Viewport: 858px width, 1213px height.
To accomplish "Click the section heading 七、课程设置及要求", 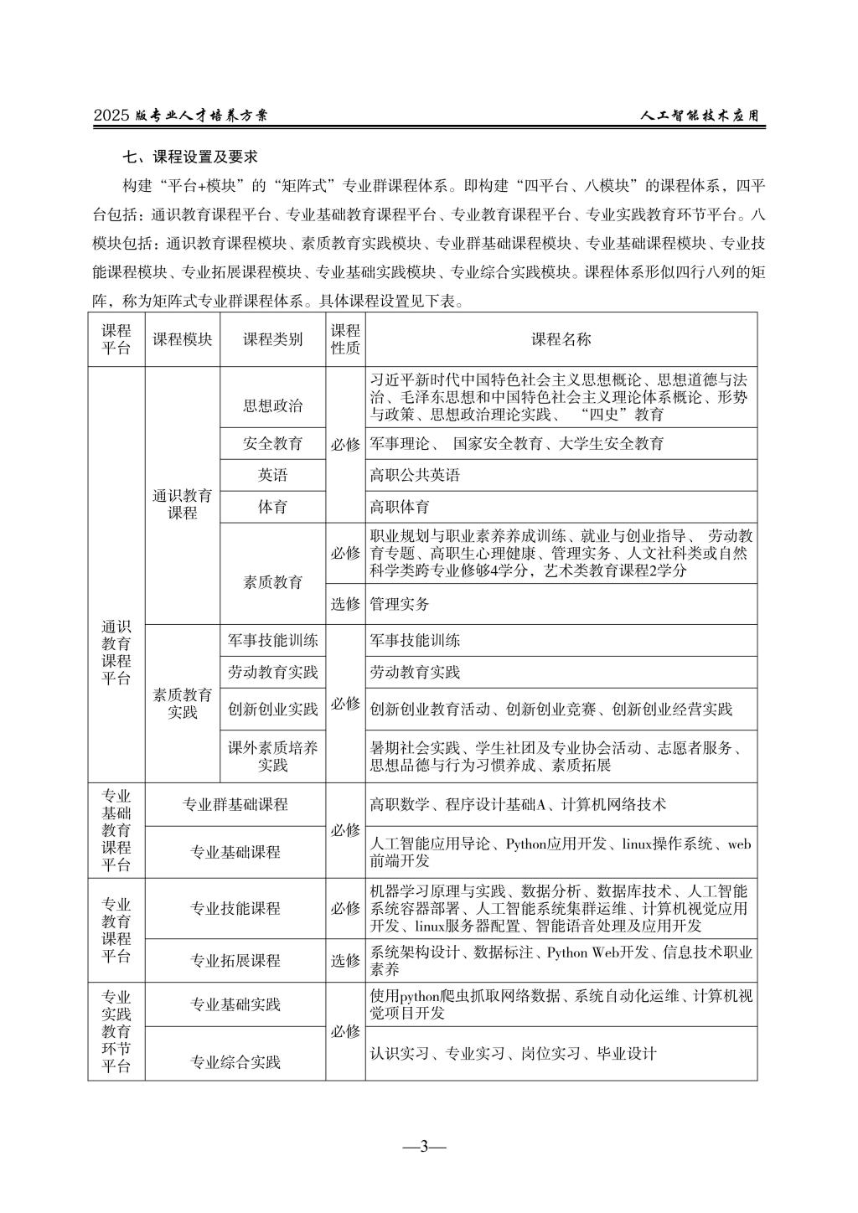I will pyautogui.click(x=189, y=157).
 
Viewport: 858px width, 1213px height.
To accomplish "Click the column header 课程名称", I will pyautogui.click(x=561, y=339).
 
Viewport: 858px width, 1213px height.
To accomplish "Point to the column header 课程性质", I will pyautogui.click(x=345, y=339).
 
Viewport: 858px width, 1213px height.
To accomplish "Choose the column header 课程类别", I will pyautogui.click(x=272, y=339).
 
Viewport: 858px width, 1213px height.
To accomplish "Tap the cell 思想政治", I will pyautogui.click(x=272, y=406).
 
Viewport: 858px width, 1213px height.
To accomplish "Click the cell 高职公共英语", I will pyautogui.click(x=416, y=475).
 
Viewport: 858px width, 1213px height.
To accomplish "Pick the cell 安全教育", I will pyautogui.click(x=272, y=443).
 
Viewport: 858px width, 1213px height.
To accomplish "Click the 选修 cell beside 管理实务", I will pyautogui.click(x=345, y=603).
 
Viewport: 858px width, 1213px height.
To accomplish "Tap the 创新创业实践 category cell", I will pyautogui.click(x=272, y=709).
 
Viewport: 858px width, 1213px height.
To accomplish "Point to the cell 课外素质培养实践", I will pyautogui.click(x=272, y=756).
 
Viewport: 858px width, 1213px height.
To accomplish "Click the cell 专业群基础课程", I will pyautogui.click(x=235, y=804).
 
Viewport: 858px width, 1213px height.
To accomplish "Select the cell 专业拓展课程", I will pyautogui.click(x=235, y=960).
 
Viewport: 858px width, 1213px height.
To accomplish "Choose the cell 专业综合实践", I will pyautogui.click(x=235, y=1062).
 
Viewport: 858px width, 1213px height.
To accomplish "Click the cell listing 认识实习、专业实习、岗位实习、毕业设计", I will pyautogui.click(x=513, y=1053).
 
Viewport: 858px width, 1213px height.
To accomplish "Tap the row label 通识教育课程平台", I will pyautogui.click(x=116, y=653).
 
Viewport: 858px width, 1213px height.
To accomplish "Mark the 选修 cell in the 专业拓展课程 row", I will pyautogui.click(x=345, y=960).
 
